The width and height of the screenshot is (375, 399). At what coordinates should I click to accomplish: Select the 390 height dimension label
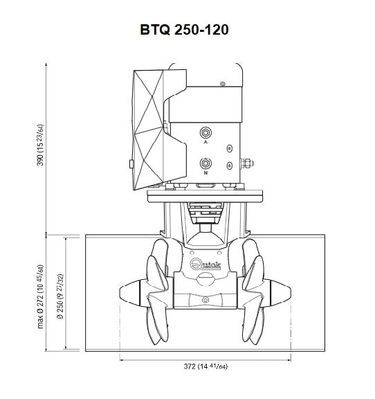pos(42,145)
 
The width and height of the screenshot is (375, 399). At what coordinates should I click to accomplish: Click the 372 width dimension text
pos(205,367)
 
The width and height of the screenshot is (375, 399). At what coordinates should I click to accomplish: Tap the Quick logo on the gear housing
pos(205,263)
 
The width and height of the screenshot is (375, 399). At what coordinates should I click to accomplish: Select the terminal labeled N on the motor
pos(205,163)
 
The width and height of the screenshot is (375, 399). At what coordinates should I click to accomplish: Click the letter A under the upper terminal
pos(205,141)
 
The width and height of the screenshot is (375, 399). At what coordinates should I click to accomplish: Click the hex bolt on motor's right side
pos(246,164)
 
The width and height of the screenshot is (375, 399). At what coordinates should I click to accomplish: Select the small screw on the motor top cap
pos(221,84)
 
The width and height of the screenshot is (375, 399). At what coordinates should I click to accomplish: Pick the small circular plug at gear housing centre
pos(205,300)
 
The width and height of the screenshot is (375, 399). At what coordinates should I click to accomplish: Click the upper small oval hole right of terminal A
pos(230,148)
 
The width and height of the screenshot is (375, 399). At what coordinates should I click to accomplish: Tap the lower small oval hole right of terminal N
pos(230,166)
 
